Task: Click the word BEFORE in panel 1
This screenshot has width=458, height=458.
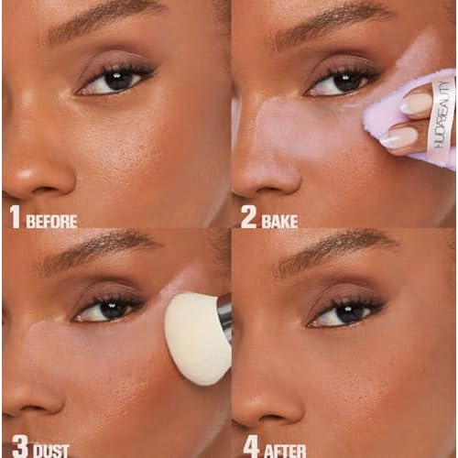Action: [x=51, y=221]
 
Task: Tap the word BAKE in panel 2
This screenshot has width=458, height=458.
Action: [x=279, y=221]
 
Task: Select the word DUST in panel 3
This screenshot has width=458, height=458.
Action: [x=50, y=452]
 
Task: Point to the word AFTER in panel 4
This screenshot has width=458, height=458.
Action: [x=285, y=452]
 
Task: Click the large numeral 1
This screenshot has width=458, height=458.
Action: [x=16, y=217]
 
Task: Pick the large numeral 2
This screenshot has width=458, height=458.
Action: [x=248, y=217]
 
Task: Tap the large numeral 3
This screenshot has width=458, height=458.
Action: [x=21, y=447]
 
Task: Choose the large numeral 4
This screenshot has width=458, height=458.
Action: [x=252, y=447]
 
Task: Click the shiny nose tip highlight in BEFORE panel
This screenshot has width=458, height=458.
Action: [x=26, y=175]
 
